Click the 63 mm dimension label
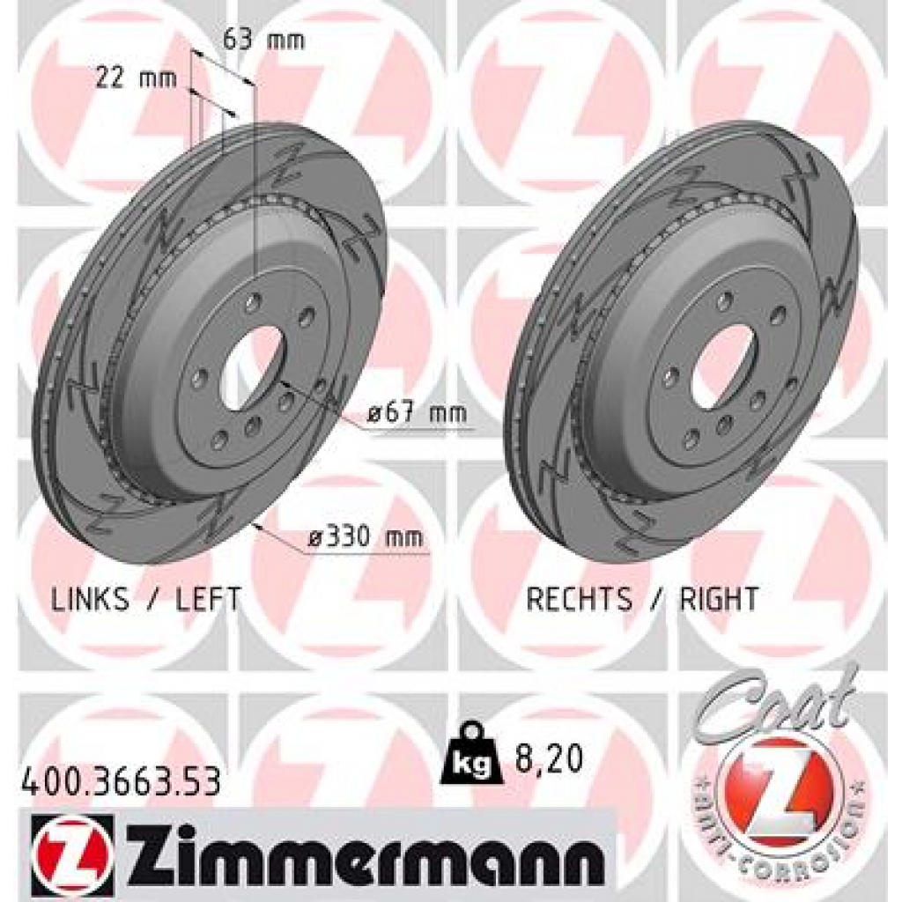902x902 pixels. pos(262,40)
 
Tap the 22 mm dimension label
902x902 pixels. pos(136,78)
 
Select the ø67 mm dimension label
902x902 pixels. pos(418,413)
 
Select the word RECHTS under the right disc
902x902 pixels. pos(579,600)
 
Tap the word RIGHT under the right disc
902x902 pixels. pos(718,600)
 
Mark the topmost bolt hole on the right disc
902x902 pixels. pos(723,301)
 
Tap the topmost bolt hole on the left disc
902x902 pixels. pos(254,303)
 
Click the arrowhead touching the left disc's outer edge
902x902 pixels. pos(256,526)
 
